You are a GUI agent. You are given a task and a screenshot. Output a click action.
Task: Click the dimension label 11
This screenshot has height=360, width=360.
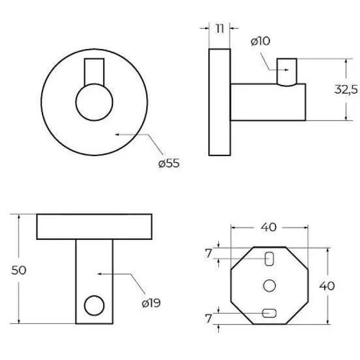coord(220,29)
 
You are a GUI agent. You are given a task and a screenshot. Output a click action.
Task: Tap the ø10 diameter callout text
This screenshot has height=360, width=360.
coord(261,41)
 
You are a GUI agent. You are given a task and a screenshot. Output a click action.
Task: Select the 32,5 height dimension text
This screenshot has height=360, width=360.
coord(346,89)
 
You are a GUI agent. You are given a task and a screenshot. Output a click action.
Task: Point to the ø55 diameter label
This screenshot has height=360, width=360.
coord(169,163)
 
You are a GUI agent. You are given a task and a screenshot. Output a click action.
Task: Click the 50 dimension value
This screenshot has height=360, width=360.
coord(19,270)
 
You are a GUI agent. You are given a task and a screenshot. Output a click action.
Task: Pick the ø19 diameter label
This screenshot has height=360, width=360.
coord(151,303)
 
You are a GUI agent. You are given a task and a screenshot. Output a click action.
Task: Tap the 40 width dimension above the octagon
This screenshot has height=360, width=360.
coord(269,227)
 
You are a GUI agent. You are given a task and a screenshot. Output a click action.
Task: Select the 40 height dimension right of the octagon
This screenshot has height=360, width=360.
coord(327,286)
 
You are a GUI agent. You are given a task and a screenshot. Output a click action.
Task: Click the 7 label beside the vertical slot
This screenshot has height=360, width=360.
coord(209,253)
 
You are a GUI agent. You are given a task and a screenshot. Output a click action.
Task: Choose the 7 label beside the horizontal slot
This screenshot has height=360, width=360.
coord(209,318)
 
